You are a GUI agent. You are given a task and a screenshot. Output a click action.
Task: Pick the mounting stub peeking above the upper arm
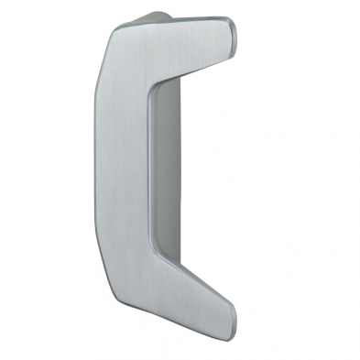tap(154, 16)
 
